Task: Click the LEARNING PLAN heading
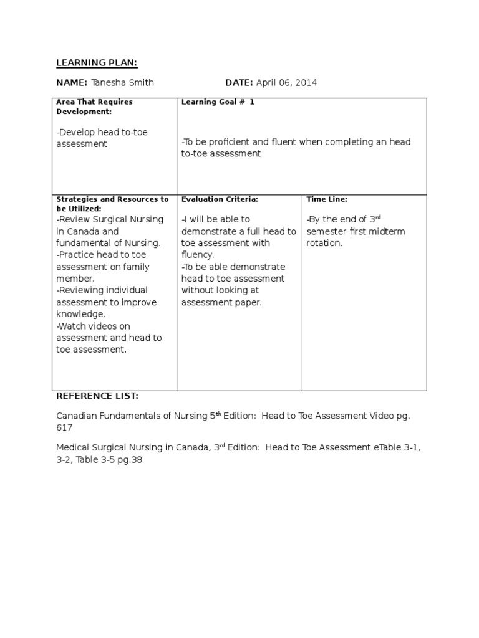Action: pyautogui.click(x=97, y=62)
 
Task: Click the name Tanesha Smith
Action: pyautogui.click(x=122, y=83)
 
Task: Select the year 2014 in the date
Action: pyautogui.click(x=306, y=83)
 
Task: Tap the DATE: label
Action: pyautogui.click(x=239, y=83)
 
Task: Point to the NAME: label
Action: pyautogui.click(x=72, y=83)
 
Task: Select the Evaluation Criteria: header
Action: pyautogui.click(x=220, y=199)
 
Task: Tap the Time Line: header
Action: pyautogui.click(x=327, y=199)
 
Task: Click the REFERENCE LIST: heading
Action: pyautogui.click(x=97, y=396)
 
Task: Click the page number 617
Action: pyautogui.click(x=65, y=427)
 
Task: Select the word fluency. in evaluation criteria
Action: pyautogui.click(x=198, y=255)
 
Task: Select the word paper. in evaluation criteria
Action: pyautogui.click(x=249, y=302)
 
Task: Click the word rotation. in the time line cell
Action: pyautogui.click(x=324, y=243)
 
